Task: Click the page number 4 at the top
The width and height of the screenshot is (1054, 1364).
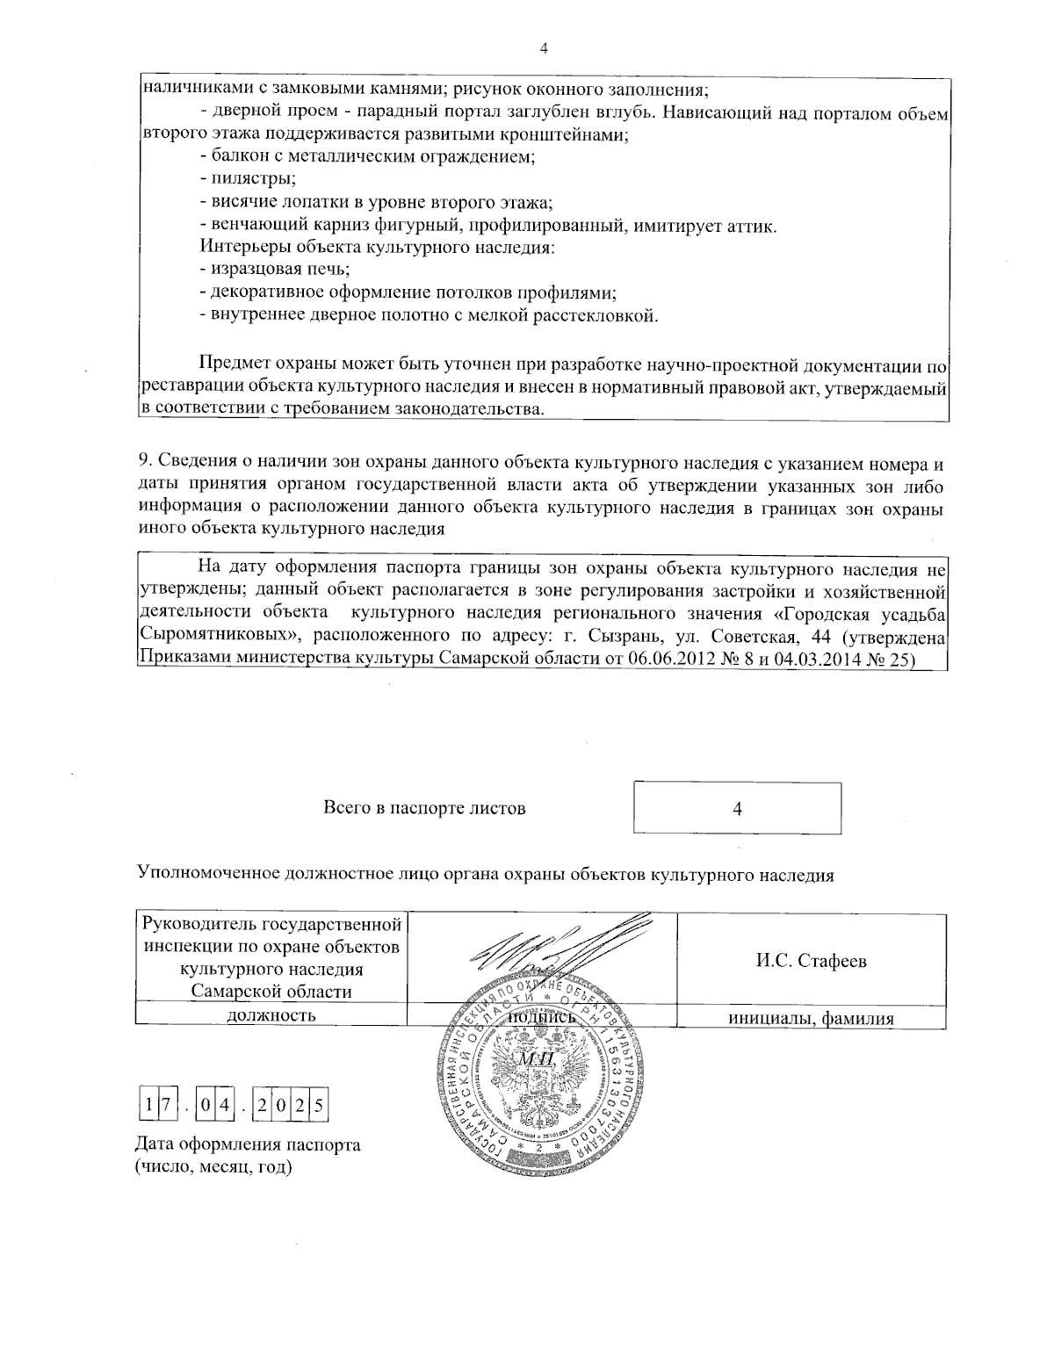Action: [x=543, y=49]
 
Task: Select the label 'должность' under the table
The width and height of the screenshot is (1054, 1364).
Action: [x=271, y=1016]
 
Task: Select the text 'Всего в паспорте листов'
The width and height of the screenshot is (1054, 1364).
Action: [x=425, y=808]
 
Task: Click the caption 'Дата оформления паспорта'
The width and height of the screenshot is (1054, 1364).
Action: [x=248, y=1145]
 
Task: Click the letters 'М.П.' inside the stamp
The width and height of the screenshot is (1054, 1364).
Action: [x=536, y=1060]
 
